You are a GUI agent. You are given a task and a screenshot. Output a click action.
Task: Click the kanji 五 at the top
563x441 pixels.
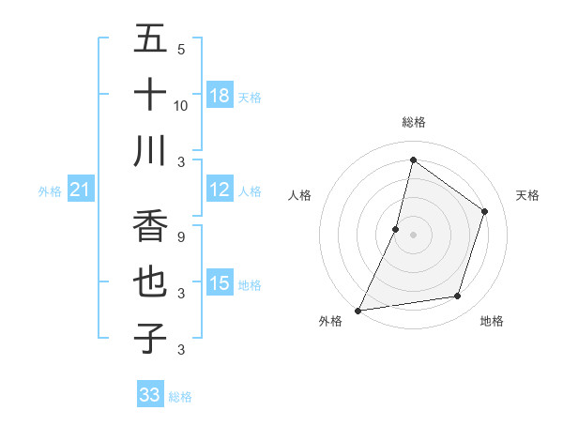[150, 39]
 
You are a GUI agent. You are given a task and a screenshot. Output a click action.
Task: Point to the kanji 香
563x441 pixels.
[150, 226]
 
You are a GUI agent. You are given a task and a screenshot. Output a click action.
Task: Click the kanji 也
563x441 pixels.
[150, 282]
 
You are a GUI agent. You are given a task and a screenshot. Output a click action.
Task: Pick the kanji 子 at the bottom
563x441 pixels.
[150, 339]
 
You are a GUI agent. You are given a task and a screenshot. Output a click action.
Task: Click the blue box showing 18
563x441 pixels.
[220, 96]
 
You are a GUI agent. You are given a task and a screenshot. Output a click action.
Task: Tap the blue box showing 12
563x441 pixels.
[220, 190]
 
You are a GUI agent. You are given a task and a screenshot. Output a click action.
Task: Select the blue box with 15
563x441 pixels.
[220, 283]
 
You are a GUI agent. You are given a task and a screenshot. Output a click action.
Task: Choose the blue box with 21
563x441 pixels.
[81, 190]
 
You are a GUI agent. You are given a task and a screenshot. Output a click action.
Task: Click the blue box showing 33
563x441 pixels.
[150, 395]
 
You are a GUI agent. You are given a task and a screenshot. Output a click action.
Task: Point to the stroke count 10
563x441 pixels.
[181, 106]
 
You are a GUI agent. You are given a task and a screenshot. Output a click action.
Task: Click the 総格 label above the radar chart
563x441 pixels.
[413, 122]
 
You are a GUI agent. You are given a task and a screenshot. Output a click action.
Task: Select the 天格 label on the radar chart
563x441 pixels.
[527, 195]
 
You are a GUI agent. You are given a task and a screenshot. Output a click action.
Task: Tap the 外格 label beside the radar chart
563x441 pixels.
[330, 321]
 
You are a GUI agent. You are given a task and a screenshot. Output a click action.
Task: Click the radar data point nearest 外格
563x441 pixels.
[358, 311]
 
